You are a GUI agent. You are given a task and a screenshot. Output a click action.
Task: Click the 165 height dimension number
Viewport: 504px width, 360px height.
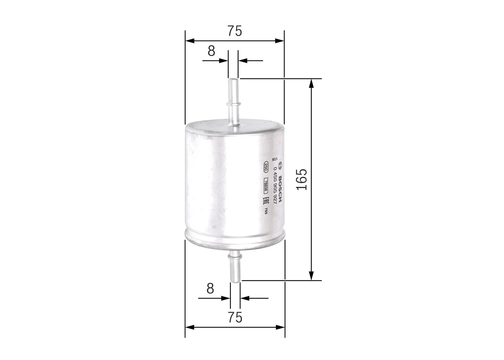click(301, 180)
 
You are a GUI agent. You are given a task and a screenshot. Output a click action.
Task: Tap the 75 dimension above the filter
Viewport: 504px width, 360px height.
click(235, 31)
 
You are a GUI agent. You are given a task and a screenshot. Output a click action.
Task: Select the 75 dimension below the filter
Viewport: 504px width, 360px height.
click(235, 317)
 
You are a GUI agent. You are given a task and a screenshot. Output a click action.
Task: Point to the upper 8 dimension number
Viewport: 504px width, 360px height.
click(211, 51)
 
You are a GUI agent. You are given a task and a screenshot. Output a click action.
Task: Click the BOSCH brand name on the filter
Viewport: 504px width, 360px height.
click(280, 189)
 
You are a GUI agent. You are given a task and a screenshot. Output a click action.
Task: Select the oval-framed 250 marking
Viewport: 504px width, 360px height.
click(266, 167)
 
